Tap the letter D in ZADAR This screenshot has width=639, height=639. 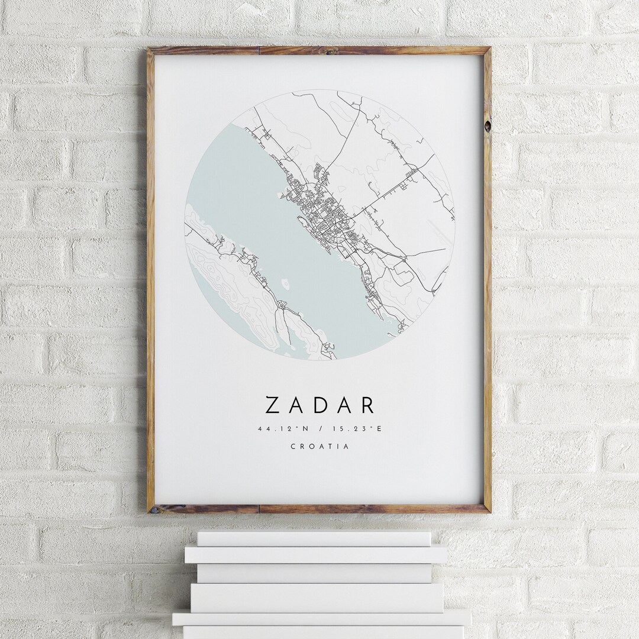[319, 405]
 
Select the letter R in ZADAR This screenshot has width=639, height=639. [367, 405]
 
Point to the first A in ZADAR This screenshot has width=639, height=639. [296, 405]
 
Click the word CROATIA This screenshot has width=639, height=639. [319, 447]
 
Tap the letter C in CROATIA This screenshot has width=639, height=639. [293, 447]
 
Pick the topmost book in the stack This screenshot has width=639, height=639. [314, 538]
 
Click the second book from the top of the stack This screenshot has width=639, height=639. [315, 555]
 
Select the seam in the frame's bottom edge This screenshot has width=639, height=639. [259, 509]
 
